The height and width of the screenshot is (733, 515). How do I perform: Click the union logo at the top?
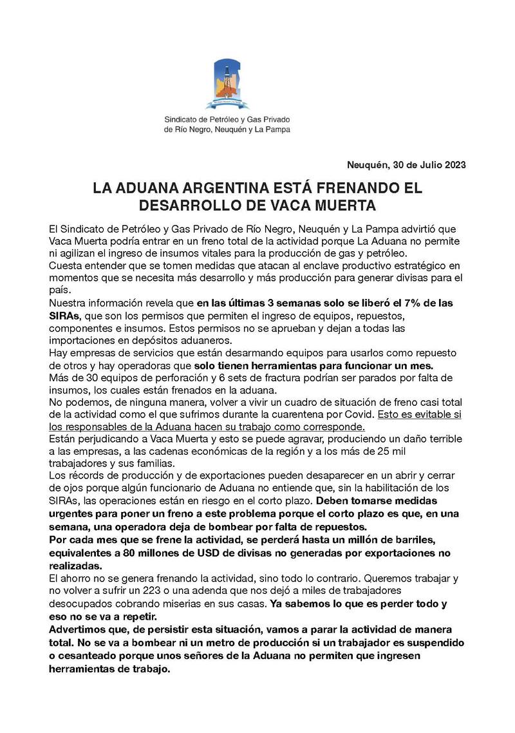tap(227, 84)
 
